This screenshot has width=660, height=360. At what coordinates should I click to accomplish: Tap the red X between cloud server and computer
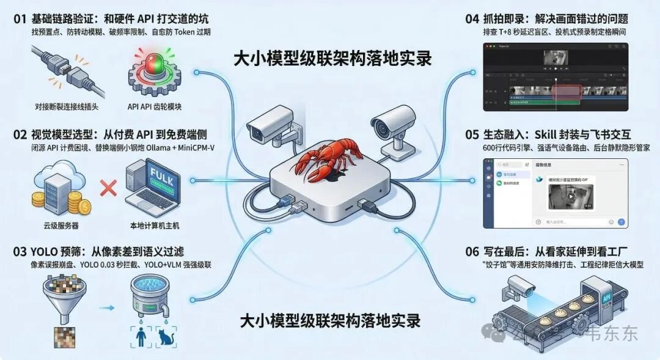tap(108, 188)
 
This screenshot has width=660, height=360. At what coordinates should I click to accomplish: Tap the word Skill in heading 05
tap(553, 134)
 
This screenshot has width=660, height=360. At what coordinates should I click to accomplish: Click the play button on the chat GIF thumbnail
tap(571, 197)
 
